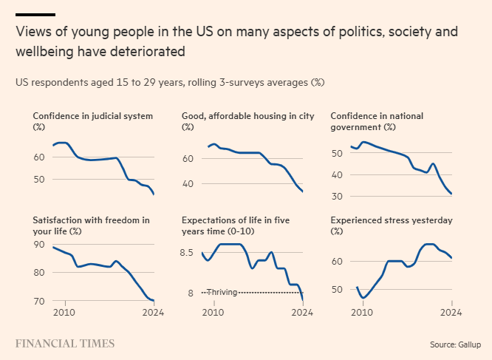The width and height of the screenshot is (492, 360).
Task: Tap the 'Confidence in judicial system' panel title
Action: point(92,116)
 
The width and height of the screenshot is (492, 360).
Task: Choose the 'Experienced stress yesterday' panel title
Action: point(391,221)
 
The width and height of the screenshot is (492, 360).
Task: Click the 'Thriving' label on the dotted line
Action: point(222,292)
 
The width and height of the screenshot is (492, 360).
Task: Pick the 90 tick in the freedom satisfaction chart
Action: point(38,244)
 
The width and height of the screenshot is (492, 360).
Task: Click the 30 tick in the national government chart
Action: point(336,196)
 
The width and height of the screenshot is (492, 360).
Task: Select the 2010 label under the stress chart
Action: point(362,312)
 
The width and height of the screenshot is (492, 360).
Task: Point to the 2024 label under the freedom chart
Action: point(153,312)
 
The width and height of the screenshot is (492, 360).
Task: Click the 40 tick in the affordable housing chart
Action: point(188,183)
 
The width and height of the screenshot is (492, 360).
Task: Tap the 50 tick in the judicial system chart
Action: point(38,180)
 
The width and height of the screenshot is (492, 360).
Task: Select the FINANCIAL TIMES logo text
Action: point(65,344)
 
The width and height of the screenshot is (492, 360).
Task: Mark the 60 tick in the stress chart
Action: point(336,262)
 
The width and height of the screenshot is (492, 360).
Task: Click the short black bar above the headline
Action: point(35,14)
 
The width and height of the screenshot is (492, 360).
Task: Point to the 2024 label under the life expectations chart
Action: point(302,312)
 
